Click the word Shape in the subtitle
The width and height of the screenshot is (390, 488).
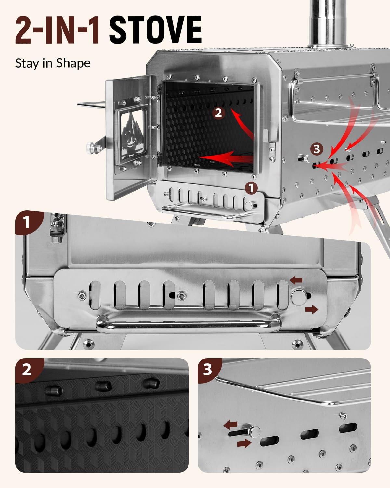pos(73,63)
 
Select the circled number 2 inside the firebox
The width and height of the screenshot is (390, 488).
pos(218,113)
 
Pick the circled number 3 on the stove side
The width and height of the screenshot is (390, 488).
pos(317,149)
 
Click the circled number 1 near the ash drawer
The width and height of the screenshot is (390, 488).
pos(251,188)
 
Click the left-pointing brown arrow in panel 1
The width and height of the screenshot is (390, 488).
pos(296,280)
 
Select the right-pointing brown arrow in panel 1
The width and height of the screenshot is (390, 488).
pos(312,309)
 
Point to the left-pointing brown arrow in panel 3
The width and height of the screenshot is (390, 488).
pos(230,425)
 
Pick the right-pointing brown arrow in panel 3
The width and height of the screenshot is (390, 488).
pos(244,443)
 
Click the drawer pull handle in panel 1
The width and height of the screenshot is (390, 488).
pos(188,325)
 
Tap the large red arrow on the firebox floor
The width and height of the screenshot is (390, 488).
pos(226,158)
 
